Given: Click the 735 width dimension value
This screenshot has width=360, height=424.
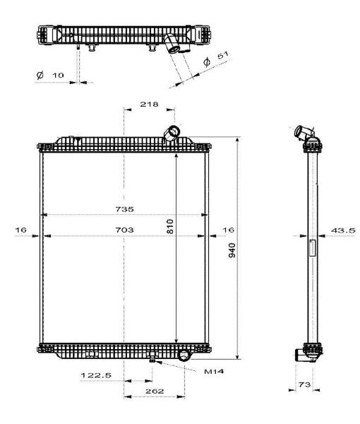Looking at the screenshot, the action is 124,209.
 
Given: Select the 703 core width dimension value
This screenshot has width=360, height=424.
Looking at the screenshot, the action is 124,230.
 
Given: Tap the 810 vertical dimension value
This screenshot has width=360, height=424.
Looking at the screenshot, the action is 170,226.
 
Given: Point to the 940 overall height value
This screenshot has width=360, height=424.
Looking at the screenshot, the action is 232,250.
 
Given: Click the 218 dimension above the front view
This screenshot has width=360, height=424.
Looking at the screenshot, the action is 149,104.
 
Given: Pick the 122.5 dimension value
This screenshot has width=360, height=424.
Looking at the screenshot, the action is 96,375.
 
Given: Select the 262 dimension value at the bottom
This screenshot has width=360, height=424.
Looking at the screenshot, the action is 155,391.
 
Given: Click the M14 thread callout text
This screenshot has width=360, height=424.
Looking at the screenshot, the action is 214,371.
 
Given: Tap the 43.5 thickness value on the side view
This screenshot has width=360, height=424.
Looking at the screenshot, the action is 343,230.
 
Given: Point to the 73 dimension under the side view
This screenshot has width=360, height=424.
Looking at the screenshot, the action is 305,384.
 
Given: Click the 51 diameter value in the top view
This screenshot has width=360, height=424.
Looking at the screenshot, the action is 223,55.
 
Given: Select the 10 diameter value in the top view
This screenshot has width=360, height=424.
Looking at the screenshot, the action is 58,75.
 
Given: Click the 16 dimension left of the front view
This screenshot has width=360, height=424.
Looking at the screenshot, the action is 20,230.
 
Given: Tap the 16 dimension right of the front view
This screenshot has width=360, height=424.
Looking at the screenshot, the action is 228,230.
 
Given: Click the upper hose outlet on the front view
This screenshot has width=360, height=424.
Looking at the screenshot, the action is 172,133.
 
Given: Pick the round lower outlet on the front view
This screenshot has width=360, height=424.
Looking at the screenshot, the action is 184,355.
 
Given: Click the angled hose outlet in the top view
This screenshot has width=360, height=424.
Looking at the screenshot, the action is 172,44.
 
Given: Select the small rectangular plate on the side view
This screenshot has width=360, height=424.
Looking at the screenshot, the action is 313,248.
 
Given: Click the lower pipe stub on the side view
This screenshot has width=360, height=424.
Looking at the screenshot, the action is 301,355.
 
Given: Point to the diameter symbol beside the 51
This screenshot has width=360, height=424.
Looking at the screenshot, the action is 207,62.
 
